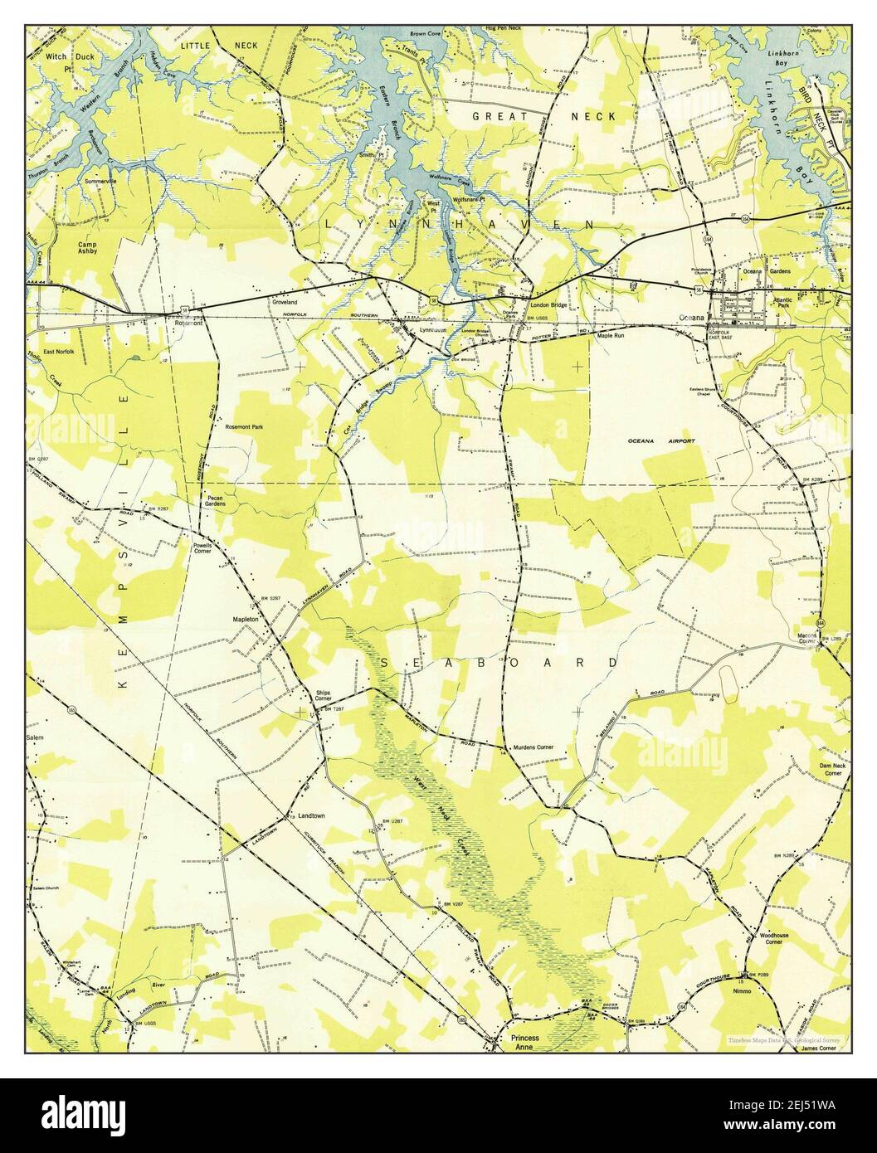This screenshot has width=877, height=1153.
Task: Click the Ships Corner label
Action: click(324, 695)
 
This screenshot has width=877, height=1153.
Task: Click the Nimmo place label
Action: click(756, 990)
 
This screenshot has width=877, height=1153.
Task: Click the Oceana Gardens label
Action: click(766, 271)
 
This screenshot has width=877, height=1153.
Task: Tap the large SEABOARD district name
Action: click(499, 663)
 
